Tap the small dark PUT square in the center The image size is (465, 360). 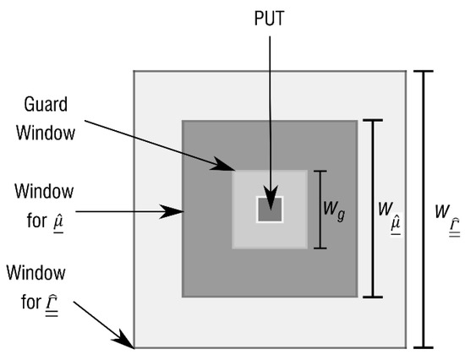point(270,209)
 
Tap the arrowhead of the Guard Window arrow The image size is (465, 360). point(239,170)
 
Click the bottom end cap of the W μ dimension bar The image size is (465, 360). point(372,297)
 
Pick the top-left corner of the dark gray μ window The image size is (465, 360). point(183,122)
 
